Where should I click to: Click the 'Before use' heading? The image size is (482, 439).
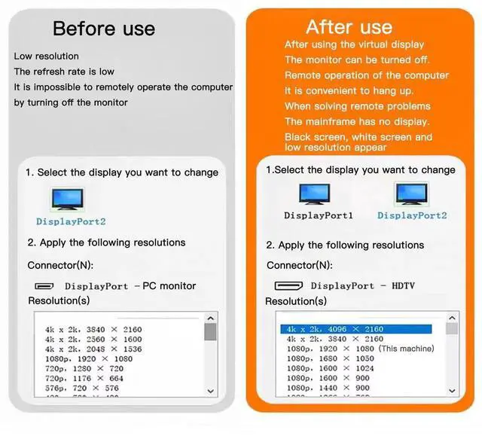[x=104, y=29]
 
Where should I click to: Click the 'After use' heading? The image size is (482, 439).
[x=349, y=27]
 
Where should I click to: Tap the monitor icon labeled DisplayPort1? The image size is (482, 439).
[x=315, y=196]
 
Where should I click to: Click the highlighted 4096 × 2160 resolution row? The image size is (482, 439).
[x=355, y=329]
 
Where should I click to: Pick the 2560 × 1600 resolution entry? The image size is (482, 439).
[x=93, y=340]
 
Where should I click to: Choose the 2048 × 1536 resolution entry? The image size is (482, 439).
[x=93, y=349]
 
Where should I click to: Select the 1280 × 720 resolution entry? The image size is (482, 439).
[x=84, y=369]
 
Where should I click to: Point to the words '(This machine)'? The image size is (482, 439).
[x=406, y=349]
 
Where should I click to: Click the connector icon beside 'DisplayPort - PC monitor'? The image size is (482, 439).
[x=45, y=286]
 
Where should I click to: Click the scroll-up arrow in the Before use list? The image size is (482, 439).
[x=210, y=319]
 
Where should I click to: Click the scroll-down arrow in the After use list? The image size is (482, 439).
[x=452, y=391]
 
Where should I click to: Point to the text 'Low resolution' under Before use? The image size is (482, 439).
[x=46, y=56]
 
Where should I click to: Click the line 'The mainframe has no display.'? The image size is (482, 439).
[x=357, y=121]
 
